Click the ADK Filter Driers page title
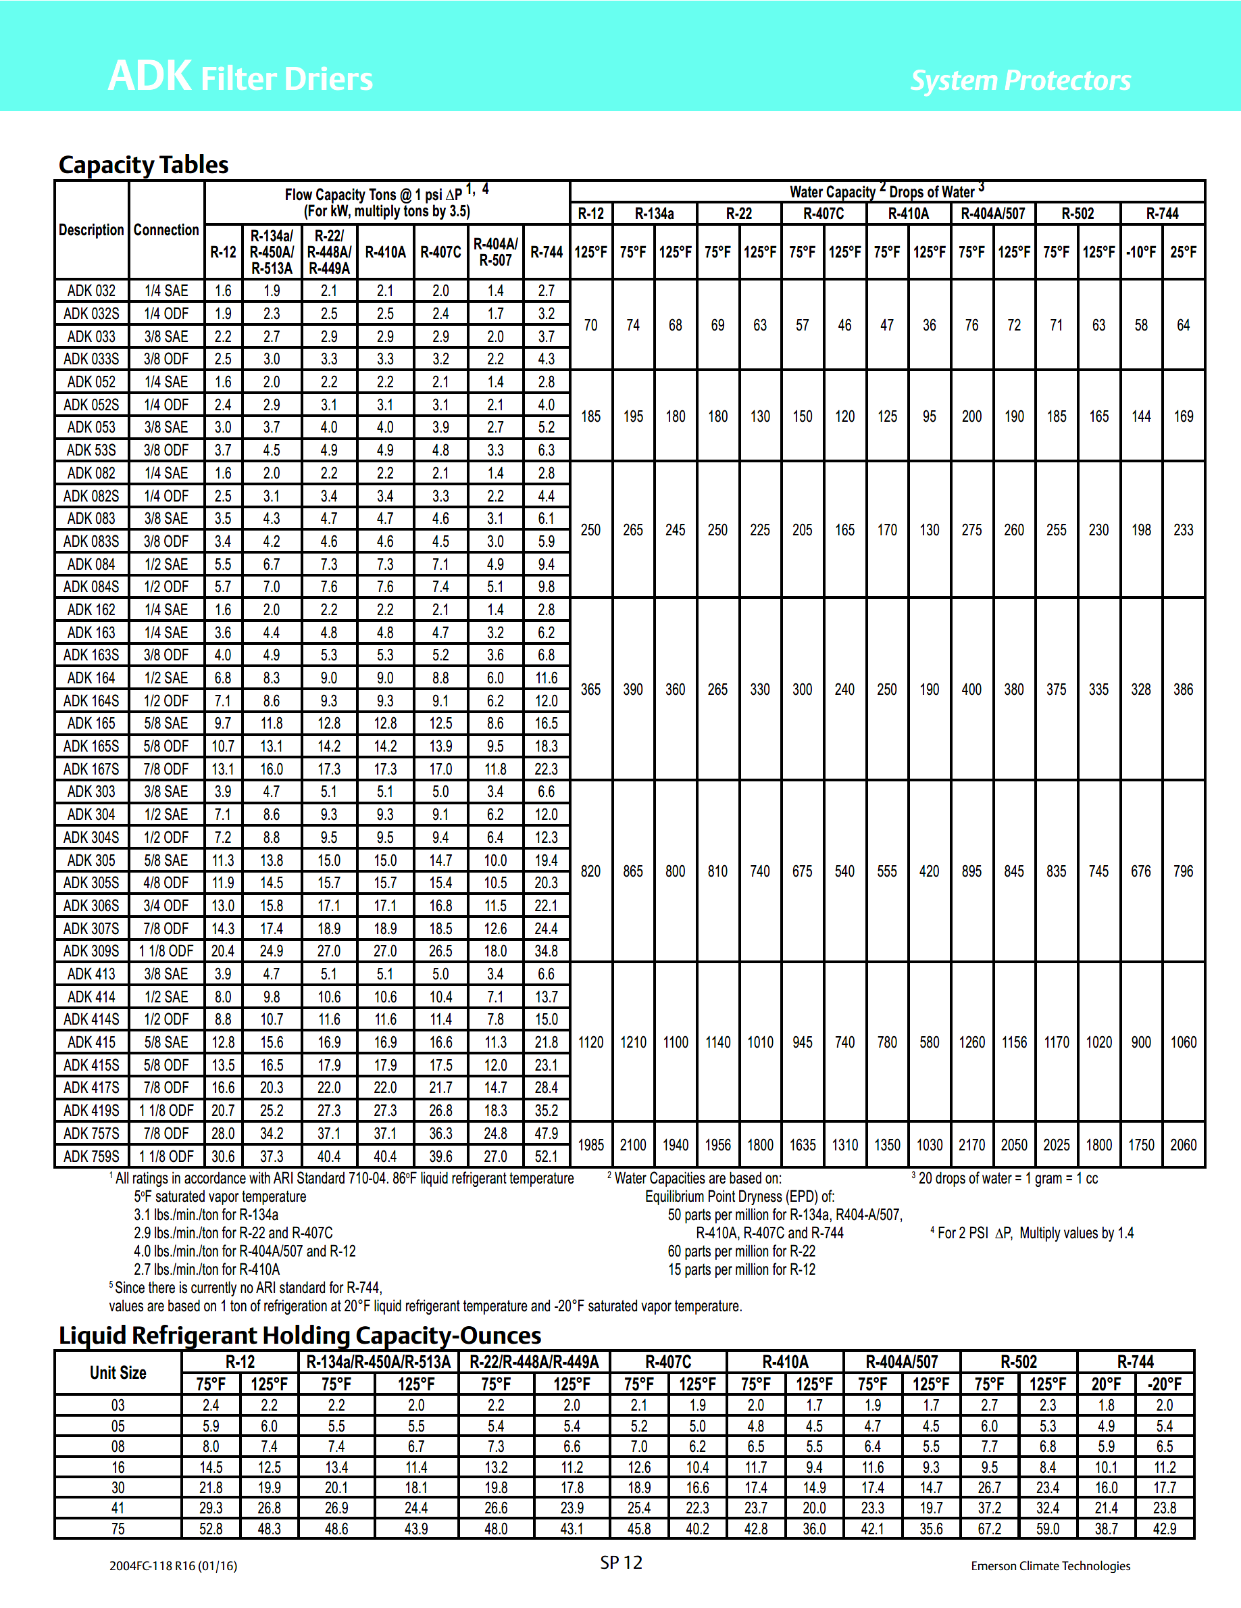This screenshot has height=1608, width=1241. (240, 77)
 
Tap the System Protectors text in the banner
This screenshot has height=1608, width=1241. (1020, 80)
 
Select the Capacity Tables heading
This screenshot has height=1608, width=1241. (143, 164)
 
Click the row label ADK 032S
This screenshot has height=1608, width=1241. (91, 314)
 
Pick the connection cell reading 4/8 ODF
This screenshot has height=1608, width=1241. (166, 883)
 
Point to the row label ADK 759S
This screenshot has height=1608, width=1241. (91, 1156)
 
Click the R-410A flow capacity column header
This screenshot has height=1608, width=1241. (385, 252)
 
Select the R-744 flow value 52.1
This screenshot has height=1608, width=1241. (546, 1156)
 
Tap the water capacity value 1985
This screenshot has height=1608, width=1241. (590, 1145)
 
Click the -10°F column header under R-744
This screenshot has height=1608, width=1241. (1141, 252)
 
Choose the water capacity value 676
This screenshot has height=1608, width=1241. (1141, 871)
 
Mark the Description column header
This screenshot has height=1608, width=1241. (91, 230)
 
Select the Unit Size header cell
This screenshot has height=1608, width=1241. (118, 1372)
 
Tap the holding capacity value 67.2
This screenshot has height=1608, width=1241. (989, 1528)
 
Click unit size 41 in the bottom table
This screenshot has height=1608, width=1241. (118, 1508)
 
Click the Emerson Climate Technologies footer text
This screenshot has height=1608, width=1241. (1050, 1566)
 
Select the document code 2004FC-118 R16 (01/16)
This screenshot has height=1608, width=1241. (173, 1566)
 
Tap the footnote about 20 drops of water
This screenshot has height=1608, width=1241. (1005, 1179)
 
